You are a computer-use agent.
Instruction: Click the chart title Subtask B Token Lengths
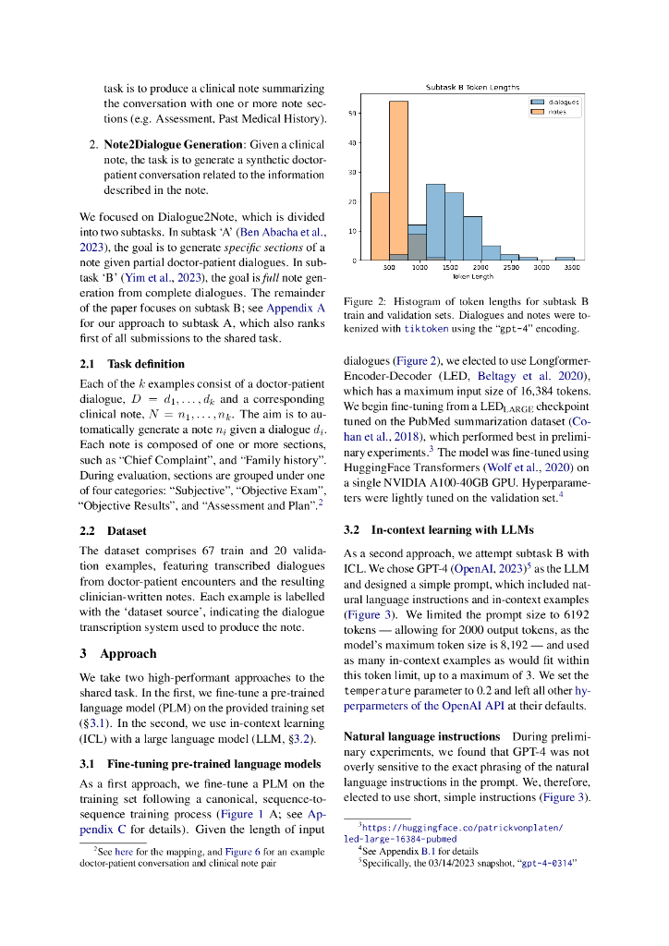(x=472, y=87)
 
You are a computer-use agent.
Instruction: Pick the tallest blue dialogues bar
(x=435, y=222)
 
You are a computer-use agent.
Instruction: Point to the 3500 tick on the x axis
(x=572, y=267)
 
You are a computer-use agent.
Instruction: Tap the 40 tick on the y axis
(x=352, y=143)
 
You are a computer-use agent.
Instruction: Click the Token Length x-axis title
(x=472, y=275)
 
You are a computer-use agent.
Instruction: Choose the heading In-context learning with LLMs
(x=436, y=531)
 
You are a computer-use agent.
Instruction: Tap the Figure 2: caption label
(x=365, y=301)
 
